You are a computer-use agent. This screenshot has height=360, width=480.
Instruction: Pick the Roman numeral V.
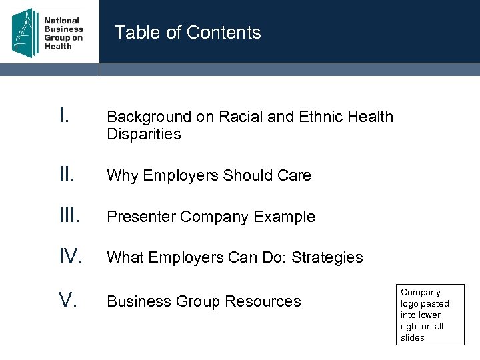tap(69, 301)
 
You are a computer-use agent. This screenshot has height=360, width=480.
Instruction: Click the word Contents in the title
tap(224, 33)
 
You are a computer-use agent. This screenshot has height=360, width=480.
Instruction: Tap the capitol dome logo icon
tap(25, 31)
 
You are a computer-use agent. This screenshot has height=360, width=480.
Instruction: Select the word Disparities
tap(144, 135)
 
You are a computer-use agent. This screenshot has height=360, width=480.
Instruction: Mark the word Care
tap(293, 176)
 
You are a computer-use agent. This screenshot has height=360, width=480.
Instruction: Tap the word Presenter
tap(140, 217)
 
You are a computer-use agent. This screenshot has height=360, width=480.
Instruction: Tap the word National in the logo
tap(62, 21)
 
